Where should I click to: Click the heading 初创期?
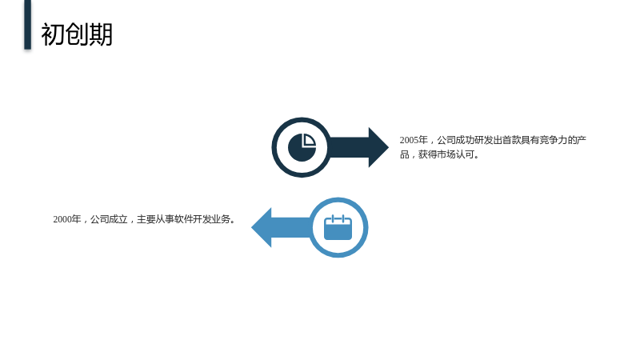click(x=77, y=34)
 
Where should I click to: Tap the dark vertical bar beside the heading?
click(x=27, y=25)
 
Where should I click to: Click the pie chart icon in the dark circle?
click(x=302, y=147)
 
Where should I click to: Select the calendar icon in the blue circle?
click(x=338, y=227)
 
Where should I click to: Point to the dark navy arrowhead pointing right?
click(x=378, y=147)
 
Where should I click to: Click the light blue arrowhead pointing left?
click(x=262, y=227)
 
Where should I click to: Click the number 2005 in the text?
click(x=409, y=140)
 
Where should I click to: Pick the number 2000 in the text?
click(x=62, y=219)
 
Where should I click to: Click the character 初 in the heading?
click(x=53, y=34)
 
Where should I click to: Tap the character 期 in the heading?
click(x=101, y=34)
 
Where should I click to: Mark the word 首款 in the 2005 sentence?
click(x=511, y=140)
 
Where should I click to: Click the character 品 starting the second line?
click(x=405, y=154)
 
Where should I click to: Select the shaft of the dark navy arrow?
click(x=349, y=147)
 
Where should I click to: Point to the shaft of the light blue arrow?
click(x=291, y=227)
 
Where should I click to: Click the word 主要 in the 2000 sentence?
click(x=146, y=219)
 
